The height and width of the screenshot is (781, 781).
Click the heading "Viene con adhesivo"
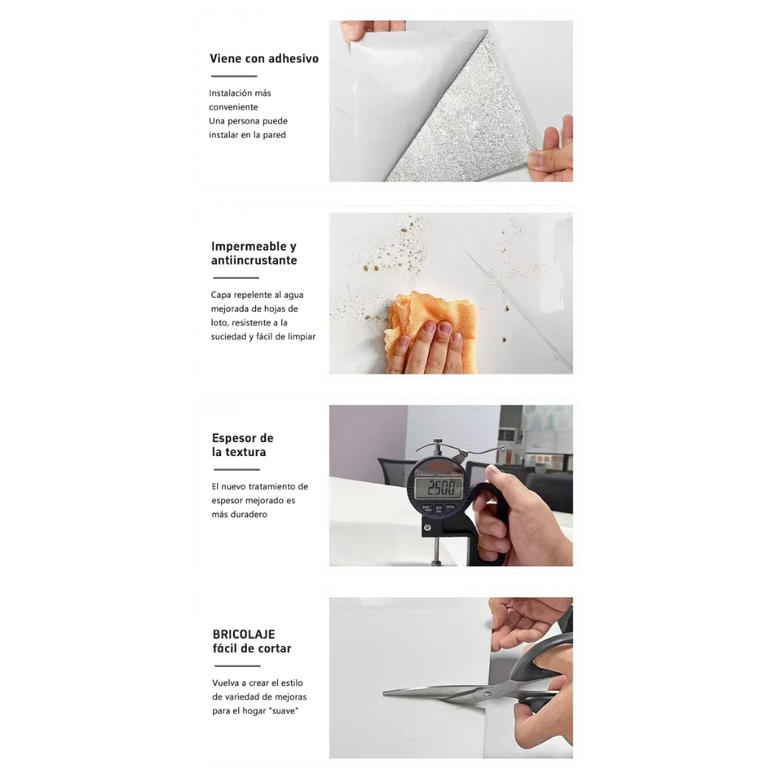point(264,59)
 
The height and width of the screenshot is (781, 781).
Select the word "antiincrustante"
point(254,261)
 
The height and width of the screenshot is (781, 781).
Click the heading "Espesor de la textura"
point(243,445)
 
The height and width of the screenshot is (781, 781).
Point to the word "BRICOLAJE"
point(244,634)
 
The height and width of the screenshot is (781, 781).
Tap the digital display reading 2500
point(439,487)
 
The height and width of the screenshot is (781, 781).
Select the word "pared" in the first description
point(274,135)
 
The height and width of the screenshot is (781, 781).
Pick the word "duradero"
point(248,515)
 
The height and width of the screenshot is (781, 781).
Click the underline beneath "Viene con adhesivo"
point(234,77)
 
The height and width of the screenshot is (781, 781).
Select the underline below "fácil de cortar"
point(237,666)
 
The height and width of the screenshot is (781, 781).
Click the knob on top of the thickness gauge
point(438,442)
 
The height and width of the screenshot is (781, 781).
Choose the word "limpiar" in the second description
point(301,337)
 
